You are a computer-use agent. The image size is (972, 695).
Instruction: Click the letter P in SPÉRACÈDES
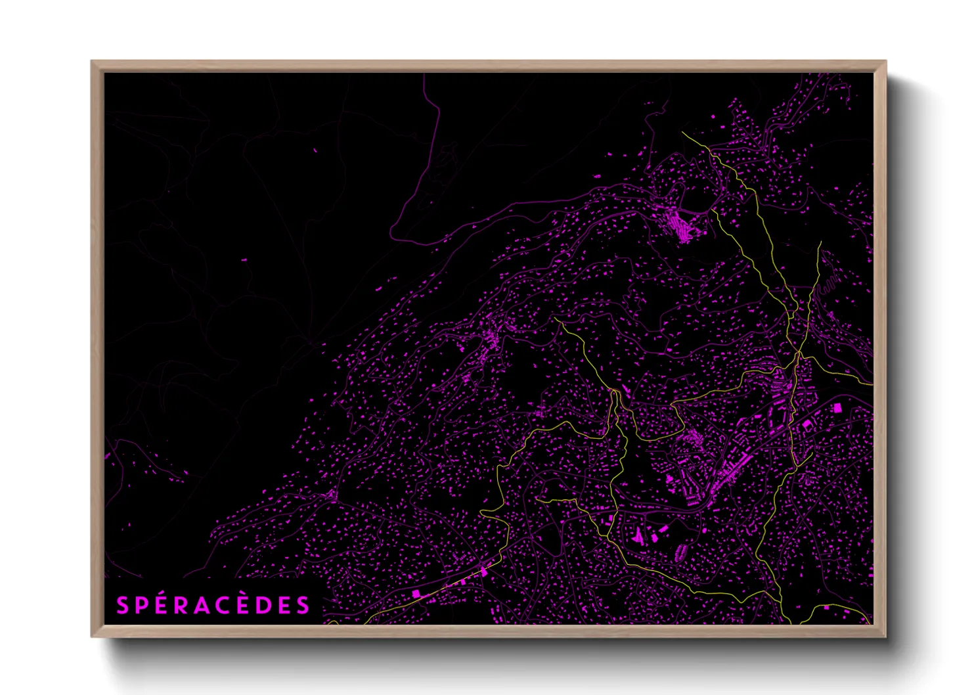point(141,606)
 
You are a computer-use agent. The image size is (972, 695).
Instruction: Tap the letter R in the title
point(182,606)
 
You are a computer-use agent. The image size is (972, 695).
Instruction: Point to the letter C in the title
point(224,606)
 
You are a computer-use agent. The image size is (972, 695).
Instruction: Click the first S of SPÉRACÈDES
point(122,606)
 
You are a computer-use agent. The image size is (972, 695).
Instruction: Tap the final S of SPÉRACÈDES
point(303,606)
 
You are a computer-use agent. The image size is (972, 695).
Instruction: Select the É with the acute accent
point(162,606)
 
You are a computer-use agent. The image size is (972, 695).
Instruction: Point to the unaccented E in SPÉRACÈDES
point(284,606)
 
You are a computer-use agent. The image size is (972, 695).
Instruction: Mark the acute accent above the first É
point(162,595)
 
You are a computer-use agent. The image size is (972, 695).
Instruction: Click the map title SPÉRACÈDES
point(212,606)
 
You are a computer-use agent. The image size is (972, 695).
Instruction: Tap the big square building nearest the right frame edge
point(837,408)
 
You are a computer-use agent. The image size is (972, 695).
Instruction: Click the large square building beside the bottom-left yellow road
point(416,594)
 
